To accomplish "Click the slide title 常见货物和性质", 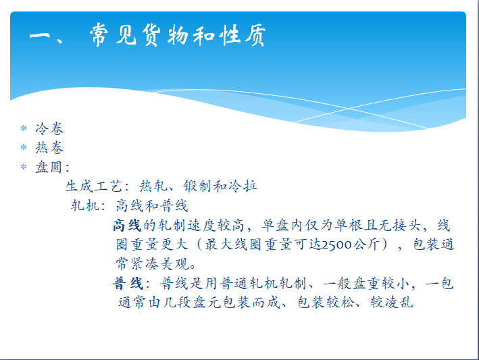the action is pos(178,35).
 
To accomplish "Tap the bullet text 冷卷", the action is pos(49,128).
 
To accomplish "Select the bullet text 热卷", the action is pos(49,148).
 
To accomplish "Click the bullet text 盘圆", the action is pos(49,167).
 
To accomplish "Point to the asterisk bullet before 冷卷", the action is pos(24,128).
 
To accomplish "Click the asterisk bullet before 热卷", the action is pos(24,147).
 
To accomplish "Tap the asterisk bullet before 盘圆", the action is pos(24,167).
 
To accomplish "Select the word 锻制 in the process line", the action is pos(198,186).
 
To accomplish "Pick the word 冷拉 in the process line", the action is pos(243,186).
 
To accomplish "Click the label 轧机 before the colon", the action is pos(85,205).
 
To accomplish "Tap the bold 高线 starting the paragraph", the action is pos(127,226).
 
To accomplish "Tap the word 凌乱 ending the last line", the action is pos(399,303).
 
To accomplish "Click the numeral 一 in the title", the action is pos(40,35).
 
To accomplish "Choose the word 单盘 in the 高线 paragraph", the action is pos(276,226).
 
